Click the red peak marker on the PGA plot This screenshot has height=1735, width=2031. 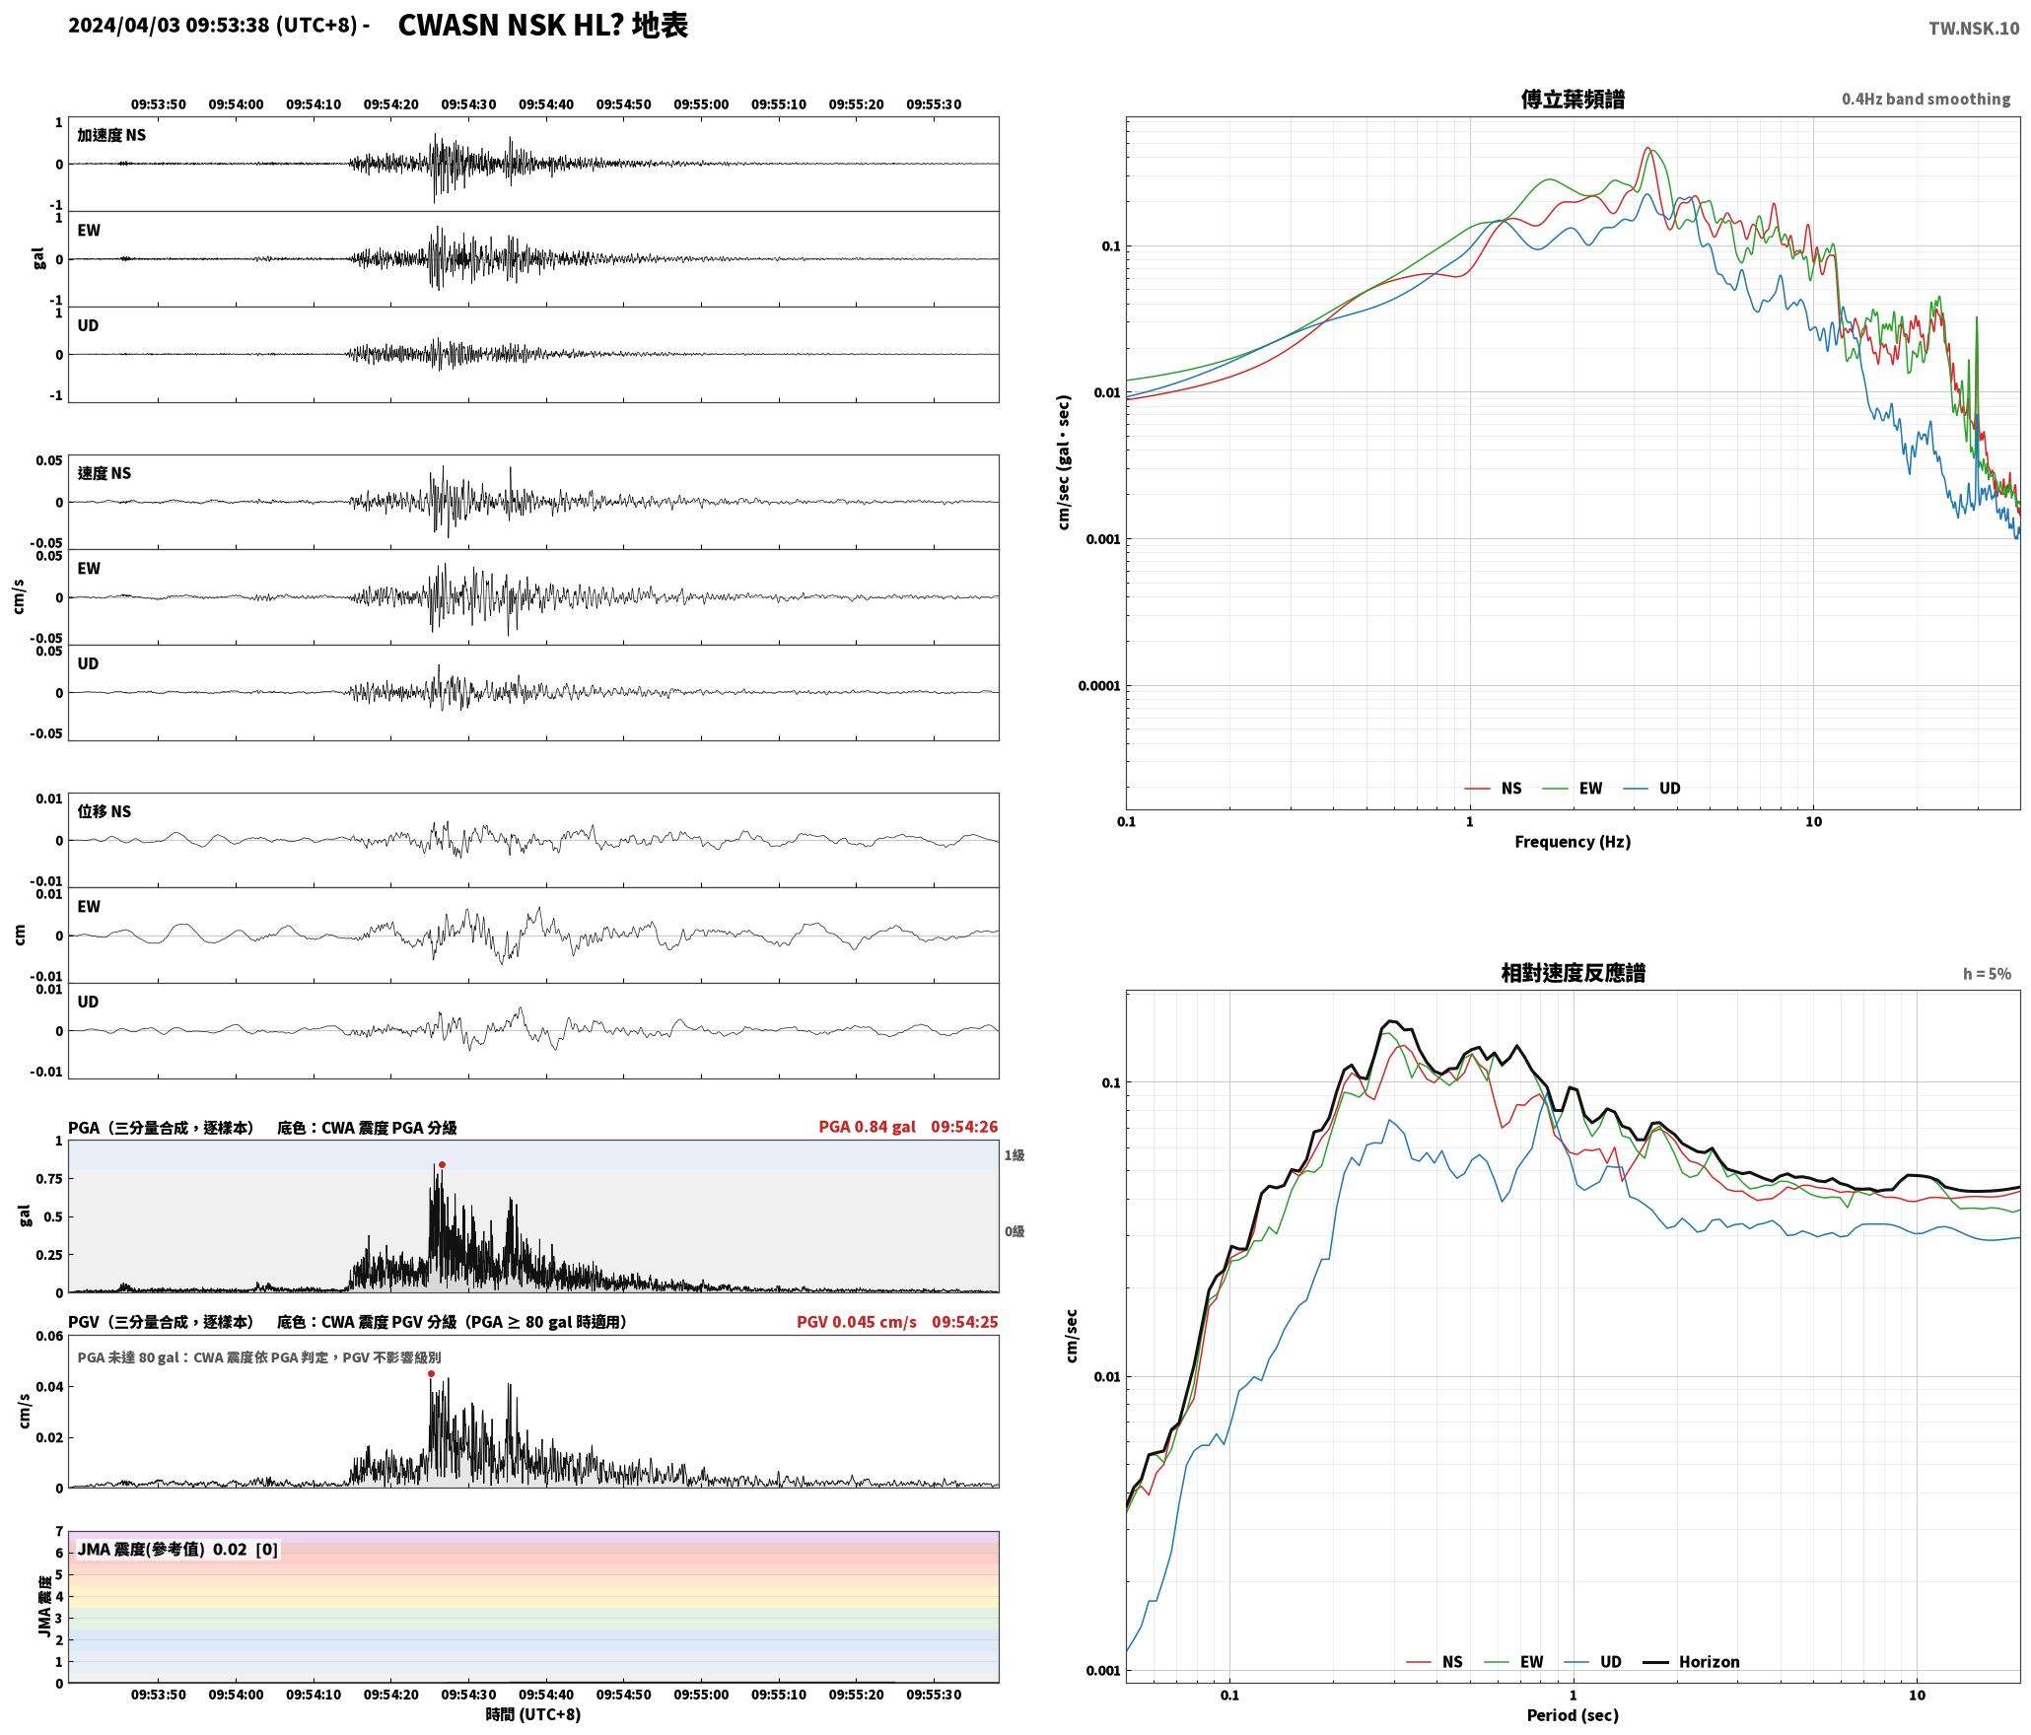[x=442, y=1164]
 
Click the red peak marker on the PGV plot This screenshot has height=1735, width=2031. [x=431, y=1373]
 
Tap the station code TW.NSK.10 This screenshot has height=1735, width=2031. [x=1974, y=29]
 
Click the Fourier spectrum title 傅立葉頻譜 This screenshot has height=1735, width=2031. [x=1573, y=100]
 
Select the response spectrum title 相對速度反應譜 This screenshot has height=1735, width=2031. [x=1573, y=973]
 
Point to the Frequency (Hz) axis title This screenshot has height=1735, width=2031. [x=1573, y=841]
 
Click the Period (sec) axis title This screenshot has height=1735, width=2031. [x=1573, y=1714]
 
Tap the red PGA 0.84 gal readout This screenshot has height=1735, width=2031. [x=867, y=1126]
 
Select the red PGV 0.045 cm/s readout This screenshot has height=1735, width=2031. [x=856, y=1321]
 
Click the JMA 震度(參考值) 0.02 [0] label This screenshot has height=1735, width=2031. [x=177, y=1549]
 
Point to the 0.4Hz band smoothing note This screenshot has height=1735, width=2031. [x=1926, y=99]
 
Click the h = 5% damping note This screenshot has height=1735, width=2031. [x=1987, y=973]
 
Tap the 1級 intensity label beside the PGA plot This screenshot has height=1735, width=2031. [x=1015, y=1154]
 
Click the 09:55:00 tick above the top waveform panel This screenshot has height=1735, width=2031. [x=701, y=104]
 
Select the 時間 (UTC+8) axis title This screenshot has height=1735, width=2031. [x=533, y=1714]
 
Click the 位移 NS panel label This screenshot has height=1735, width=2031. [x=105, y=811]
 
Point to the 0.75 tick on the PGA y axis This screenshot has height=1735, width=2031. [x=50, y=1178]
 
